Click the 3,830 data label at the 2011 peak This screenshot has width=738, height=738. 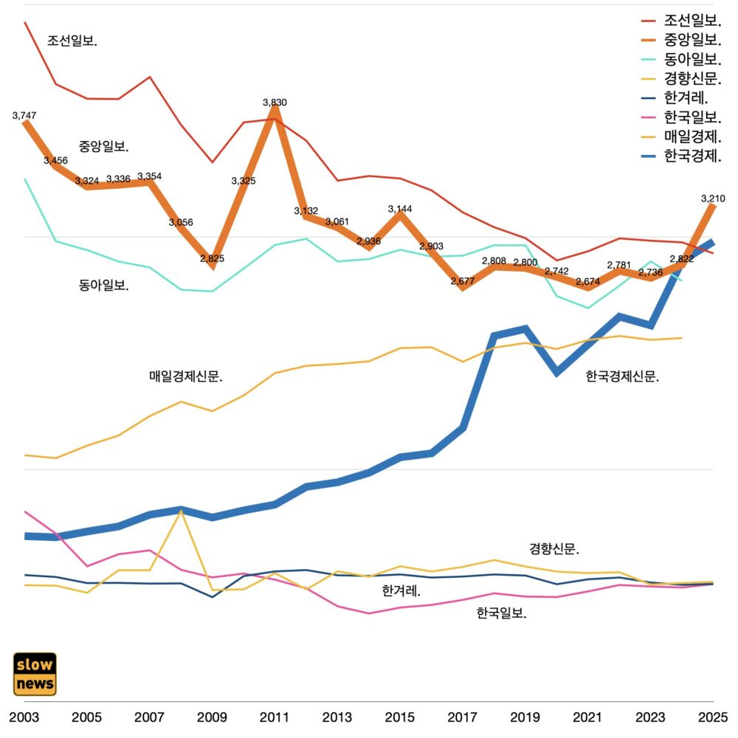(275, 103)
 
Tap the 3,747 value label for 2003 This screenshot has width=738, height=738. (24, 116)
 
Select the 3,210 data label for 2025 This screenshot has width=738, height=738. (713, 199)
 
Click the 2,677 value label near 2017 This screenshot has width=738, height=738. (462, 281)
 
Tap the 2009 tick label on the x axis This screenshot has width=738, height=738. (212, 717)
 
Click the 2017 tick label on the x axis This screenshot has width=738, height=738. (462, 717)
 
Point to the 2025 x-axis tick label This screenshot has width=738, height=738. (712, 717)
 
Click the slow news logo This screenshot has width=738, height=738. (35, 674)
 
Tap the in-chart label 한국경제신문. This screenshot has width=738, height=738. (622, 376)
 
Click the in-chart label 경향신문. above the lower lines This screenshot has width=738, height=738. (554, 549)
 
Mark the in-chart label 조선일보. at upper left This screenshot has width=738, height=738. (72, 41)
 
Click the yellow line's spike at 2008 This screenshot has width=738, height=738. (181, 511)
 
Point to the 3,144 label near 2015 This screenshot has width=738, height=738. (400, 210)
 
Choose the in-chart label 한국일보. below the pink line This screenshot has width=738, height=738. (501, 613)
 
